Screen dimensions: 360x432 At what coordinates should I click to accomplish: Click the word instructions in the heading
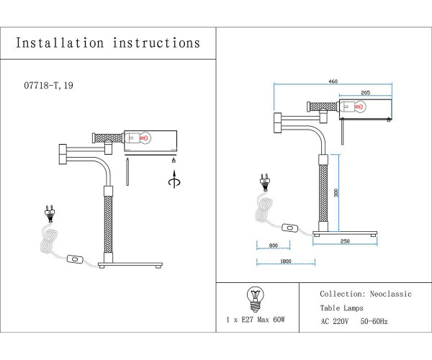click(157, 43)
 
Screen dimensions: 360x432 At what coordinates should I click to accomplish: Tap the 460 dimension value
click(333, 81)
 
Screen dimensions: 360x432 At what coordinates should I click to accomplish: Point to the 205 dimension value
click(364, 93)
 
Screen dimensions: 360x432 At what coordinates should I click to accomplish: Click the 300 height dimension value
click(336, 192)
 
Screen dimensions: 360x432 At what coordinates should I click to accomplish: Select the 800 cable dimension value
click(273, 246)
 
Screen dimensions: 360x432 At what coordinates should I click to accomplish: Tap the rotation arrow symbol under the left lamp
click(172, 182)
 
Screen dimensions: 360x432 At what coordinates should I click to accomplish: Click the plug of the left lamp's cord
click(50, 213)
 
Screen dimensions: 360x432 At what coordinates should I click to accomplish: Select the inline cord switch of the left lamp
click(73, 259)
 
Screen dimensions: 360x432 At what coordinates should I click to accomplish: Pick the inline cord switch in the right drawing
click(290, 229)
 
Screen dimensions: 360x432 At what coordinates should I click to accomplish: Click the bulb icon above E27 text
click(253, 296)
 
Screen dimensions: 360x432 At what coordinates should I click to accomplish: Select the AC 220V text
click(335, 320)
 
